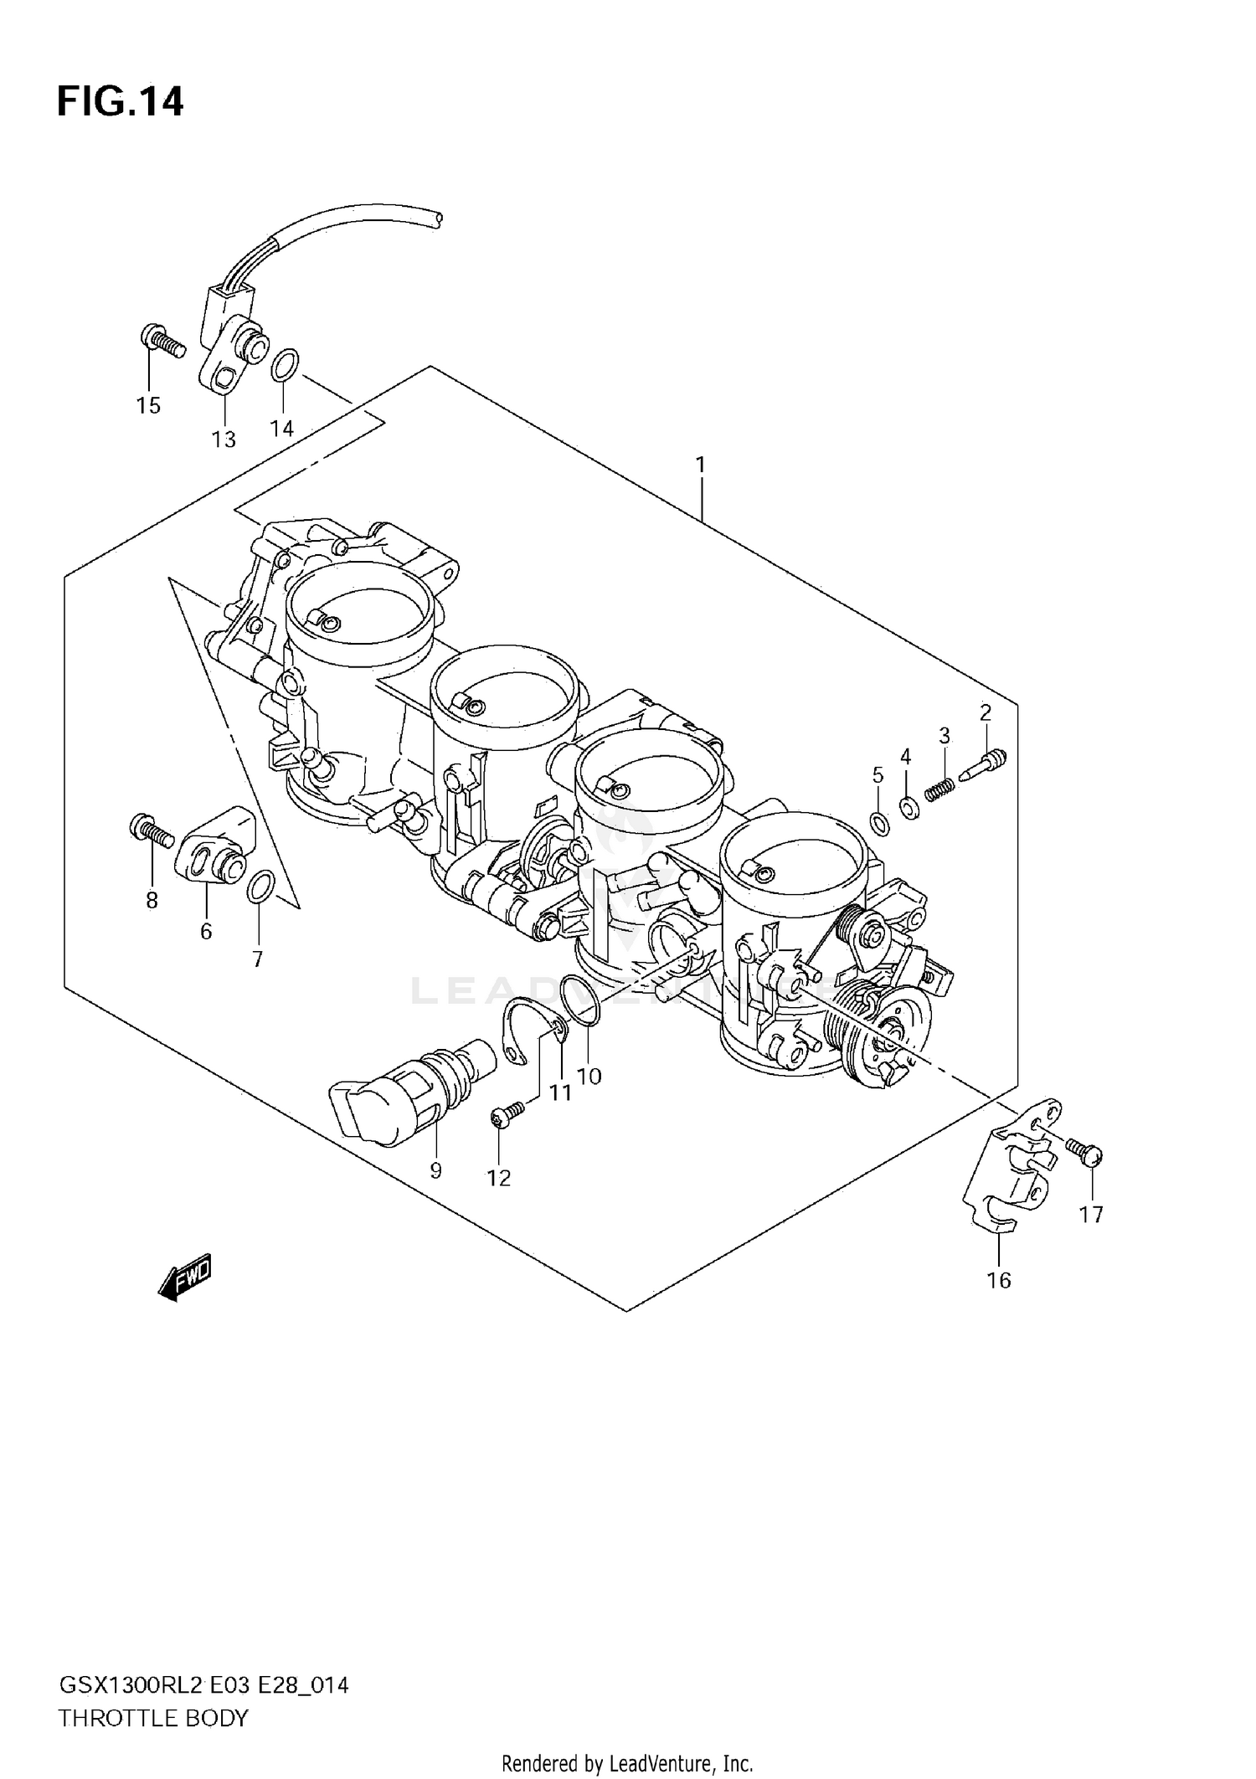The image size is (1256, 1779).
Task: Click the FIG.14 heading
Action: (x=120, y=102)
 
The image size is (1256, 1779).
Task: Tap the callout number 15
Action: (x=148, y=406)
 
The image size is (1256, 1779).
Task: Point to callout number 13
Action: (x=224, y=440)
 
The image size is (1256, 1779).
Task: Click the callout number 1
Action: (x=700, y=465)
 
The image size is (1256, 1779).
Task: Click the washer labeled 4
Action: (x=908, y=808)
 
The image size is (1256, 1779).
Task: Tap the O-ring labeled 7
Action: (x=260, y=887)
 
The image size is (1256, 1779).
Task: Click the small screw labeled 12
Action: (x=507, y=1113)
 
